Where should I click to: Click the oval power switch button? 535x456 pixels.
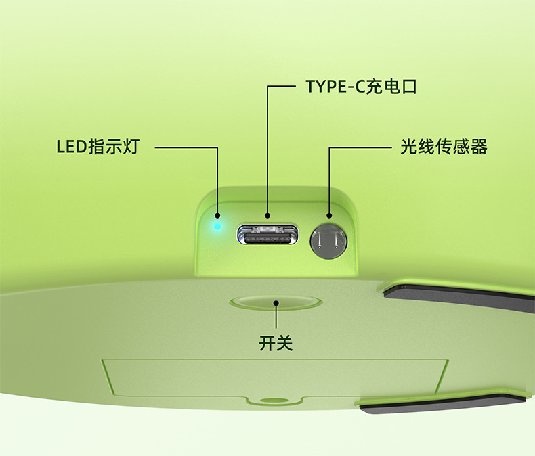point(275,302)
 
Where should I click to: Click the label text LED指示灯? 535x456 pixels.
point(97,147)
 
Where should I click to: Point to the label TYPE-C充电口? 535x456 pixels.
point(360,87)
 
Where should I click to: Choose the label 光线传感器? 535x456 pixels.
point(444,147)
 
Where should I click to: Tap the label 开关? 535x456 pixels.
point(276,343)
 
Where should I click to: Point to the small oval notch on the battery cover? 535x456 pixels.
point(274,401)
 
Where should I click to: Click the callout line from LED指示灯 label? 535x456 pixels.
point(186,147)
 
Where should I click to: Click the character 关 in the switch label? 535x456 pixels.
point(284,343)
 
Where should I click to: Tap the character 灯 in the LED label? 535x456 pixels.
point(130,147)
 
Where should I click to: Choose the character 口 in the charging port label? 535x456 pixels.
point(407,87)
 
